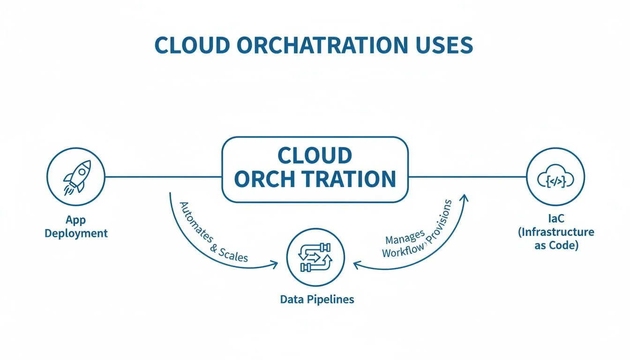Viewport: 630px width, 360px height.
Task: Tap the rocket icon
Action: (76, 177)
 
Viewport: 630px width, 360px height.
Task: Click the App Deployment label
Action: (76, 226)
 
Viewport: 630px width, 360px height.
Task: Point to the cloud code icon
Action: (555, 177)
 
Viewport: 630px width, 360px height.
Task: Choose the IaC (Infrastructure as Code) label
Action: (556, 232)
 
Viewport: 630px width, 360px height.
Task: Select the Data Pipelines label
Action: (317, 299)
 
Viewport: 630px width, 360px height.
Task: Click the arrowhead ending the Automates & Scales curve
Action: (274, 265)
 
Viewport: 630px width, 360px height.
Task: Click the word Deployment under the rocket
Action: (76, 233)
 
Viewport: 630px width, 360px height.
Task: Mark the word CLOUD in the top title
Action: (192, 45)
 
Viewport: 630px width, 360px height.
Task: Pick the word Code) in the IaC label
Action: (567, 245)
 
